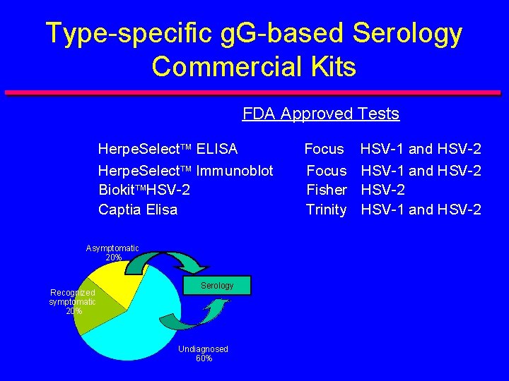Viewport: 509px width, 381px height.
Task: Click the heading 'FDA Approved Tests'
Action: (x=320, y=114)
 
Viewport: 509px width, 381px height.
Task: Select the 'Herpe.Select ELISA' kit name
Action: (x=168, y=149)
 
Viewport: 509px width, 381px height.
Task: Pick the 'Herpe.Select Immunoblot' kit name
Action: (x=185, y=170)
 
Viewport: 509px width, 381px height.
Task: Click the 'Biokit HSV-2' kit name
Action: (x=144, y=190)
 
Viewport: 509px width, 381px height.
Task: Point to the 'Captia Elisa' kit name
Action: (x=138, y=210)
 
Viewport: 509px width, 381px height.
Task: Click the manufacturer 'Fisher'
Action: (x=326, y=190)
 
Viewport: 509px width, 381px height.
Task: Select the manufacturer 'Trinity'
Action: (x=326, y=210)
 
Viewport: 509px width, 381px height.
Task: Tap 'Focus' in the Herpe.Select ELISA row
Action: (x=324, y=149)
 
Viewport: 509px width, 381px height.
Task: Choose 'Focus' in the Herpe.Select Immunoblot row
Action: (x=326, y=170)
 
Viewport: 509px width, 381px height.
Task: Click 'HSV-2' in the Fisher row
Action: (x=382, y=190)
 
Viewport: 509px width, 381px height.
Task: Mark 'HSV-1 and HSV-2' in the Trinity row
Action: (x=421, y=210)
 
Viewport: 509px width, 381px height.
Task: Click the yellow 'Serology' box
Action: (x=217, y=285)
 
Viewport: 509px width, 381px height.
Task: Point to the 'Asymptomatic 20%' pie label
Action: (x=112, y=253)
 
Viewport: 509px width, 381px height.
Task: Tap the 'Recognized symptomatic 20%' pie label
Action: (x=72, y=301)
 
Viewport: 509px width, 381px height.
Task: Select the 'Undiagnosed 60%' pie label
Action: (x=203, y=353)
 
